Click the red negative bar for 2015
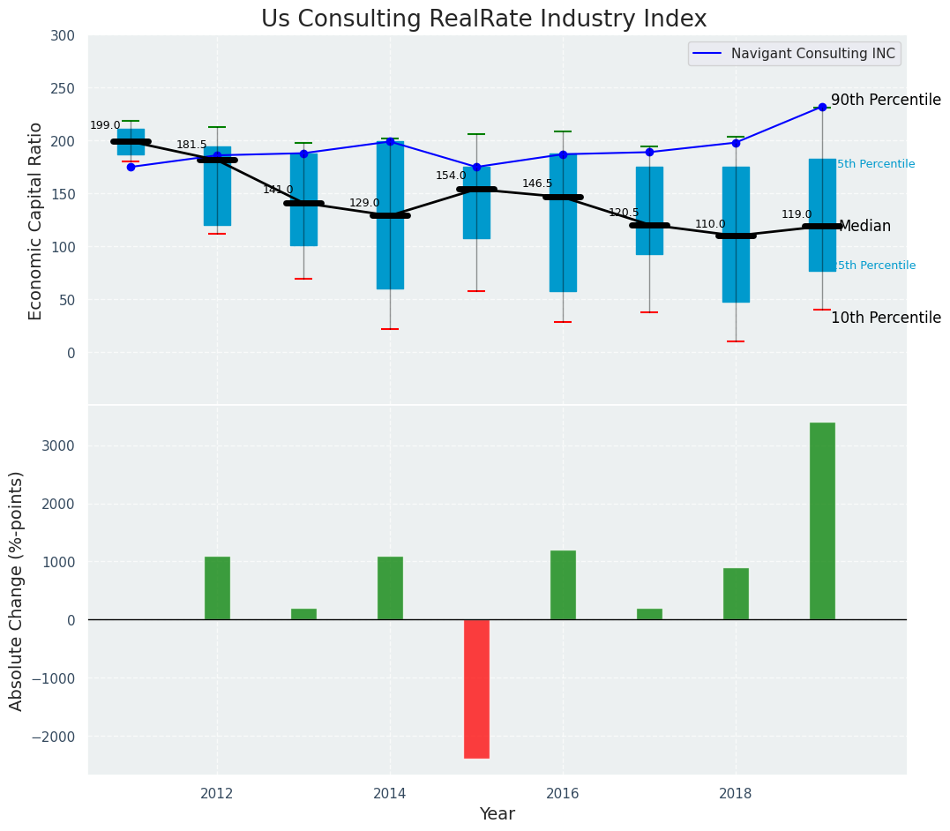point(476,689)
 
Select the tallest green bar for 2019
point(822,521)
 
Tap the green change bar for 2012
point(217,588)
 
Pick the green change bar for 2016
point(563,585)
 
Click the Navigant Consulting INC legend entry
point(794,54)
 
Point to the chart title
point(483,19)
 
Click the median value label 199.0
point(105,126)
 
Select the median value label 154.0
point(451,176)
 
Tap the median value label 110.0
point(710,225)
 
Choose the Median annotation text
point(864,227)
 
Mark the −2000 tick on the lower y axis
point(55,737)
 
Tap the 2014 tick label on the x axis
point(390,794)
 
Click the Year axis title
point(497,814)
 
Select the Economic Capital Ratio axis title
point(36,221)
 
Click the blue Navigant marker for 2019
point(822,107)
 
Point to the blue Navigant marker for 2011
point(131,167)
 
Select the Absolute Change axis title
point(17,591)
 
